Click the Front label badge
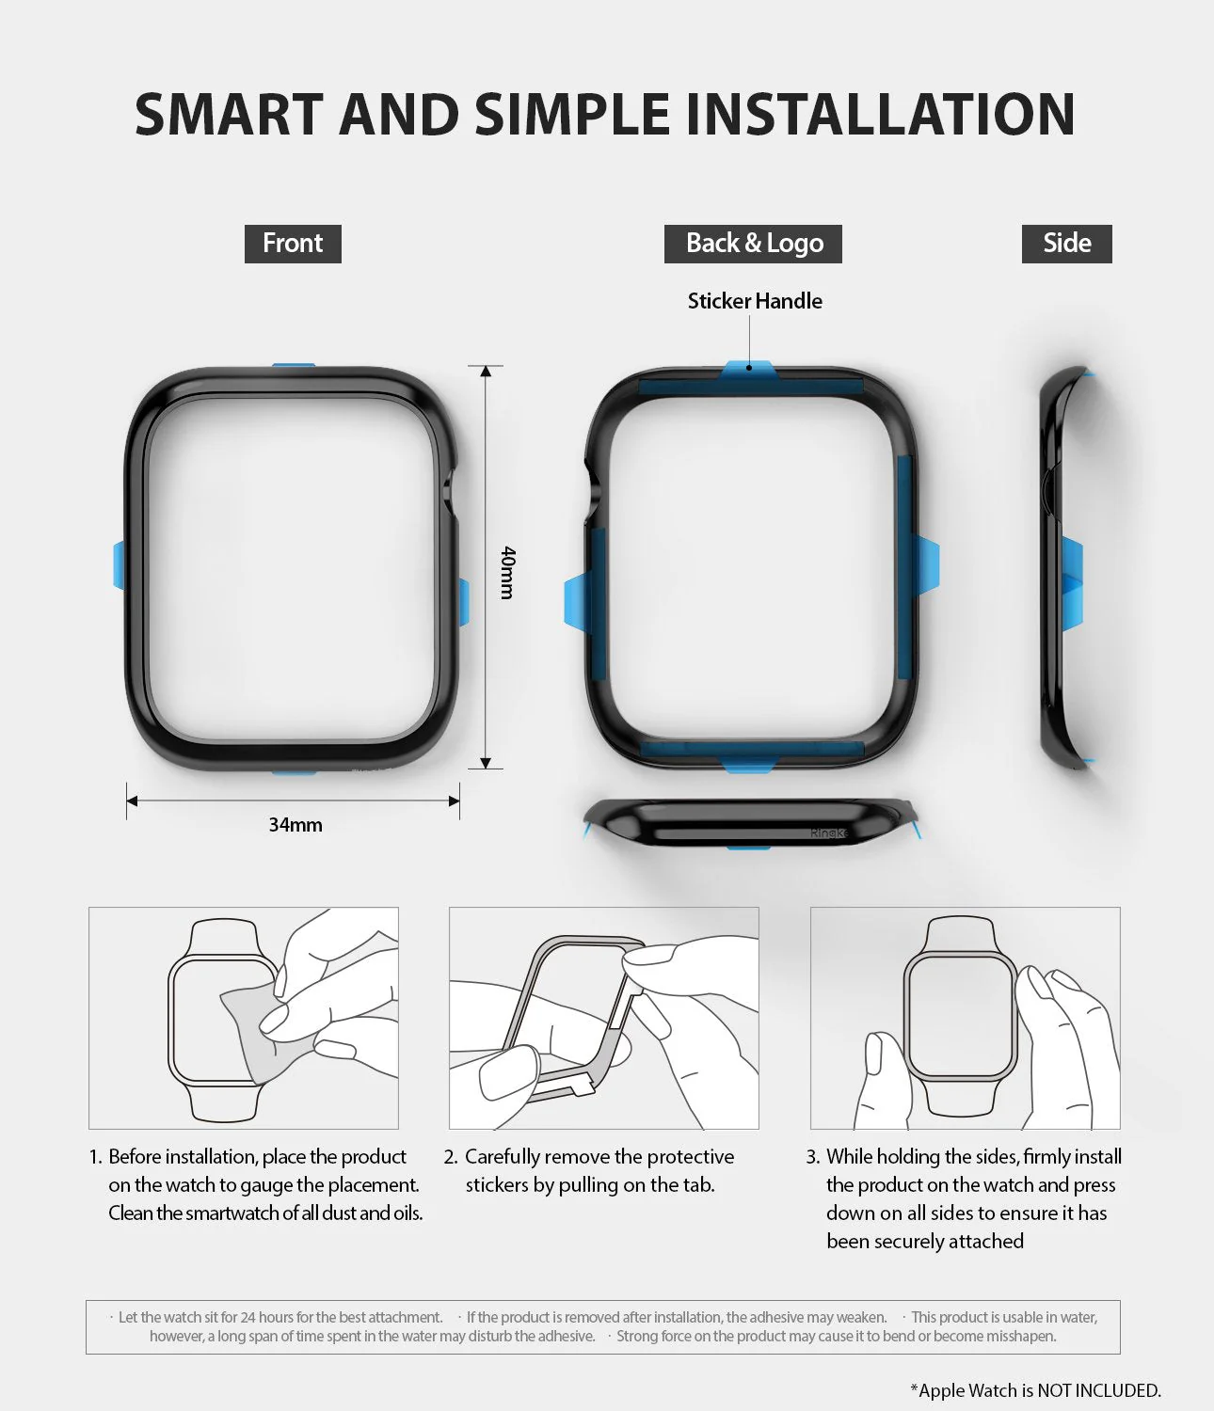pyautogui.click(x=293, y=244)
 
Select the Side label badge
pyautogui.click(x=1066, y=244)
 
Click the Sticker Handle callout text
pyautogui.click(x=755, y=301)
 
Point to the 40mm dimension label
pyautogui.click(x=507, y=572)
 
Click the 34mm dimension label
pyautogui.click(x=296, y=825)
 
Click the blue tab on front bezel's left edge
pyautogui.click(x=120, y=565)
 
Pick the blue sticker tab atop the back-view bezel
pyautogui.click(x=748, y=370)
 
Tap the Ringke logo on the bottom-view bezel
pyautogui.click(x=829, y=833)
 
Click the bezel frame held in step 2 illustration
pyautogui.click(x=565, y=1007)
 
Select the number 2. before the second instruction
pyautogui.click(x=451, y=1157)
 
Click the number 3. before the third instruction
pyautogui.click(x=813, y=1157)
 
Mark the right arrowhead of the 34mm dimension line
pyautogui.click(x=454, y=801)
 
